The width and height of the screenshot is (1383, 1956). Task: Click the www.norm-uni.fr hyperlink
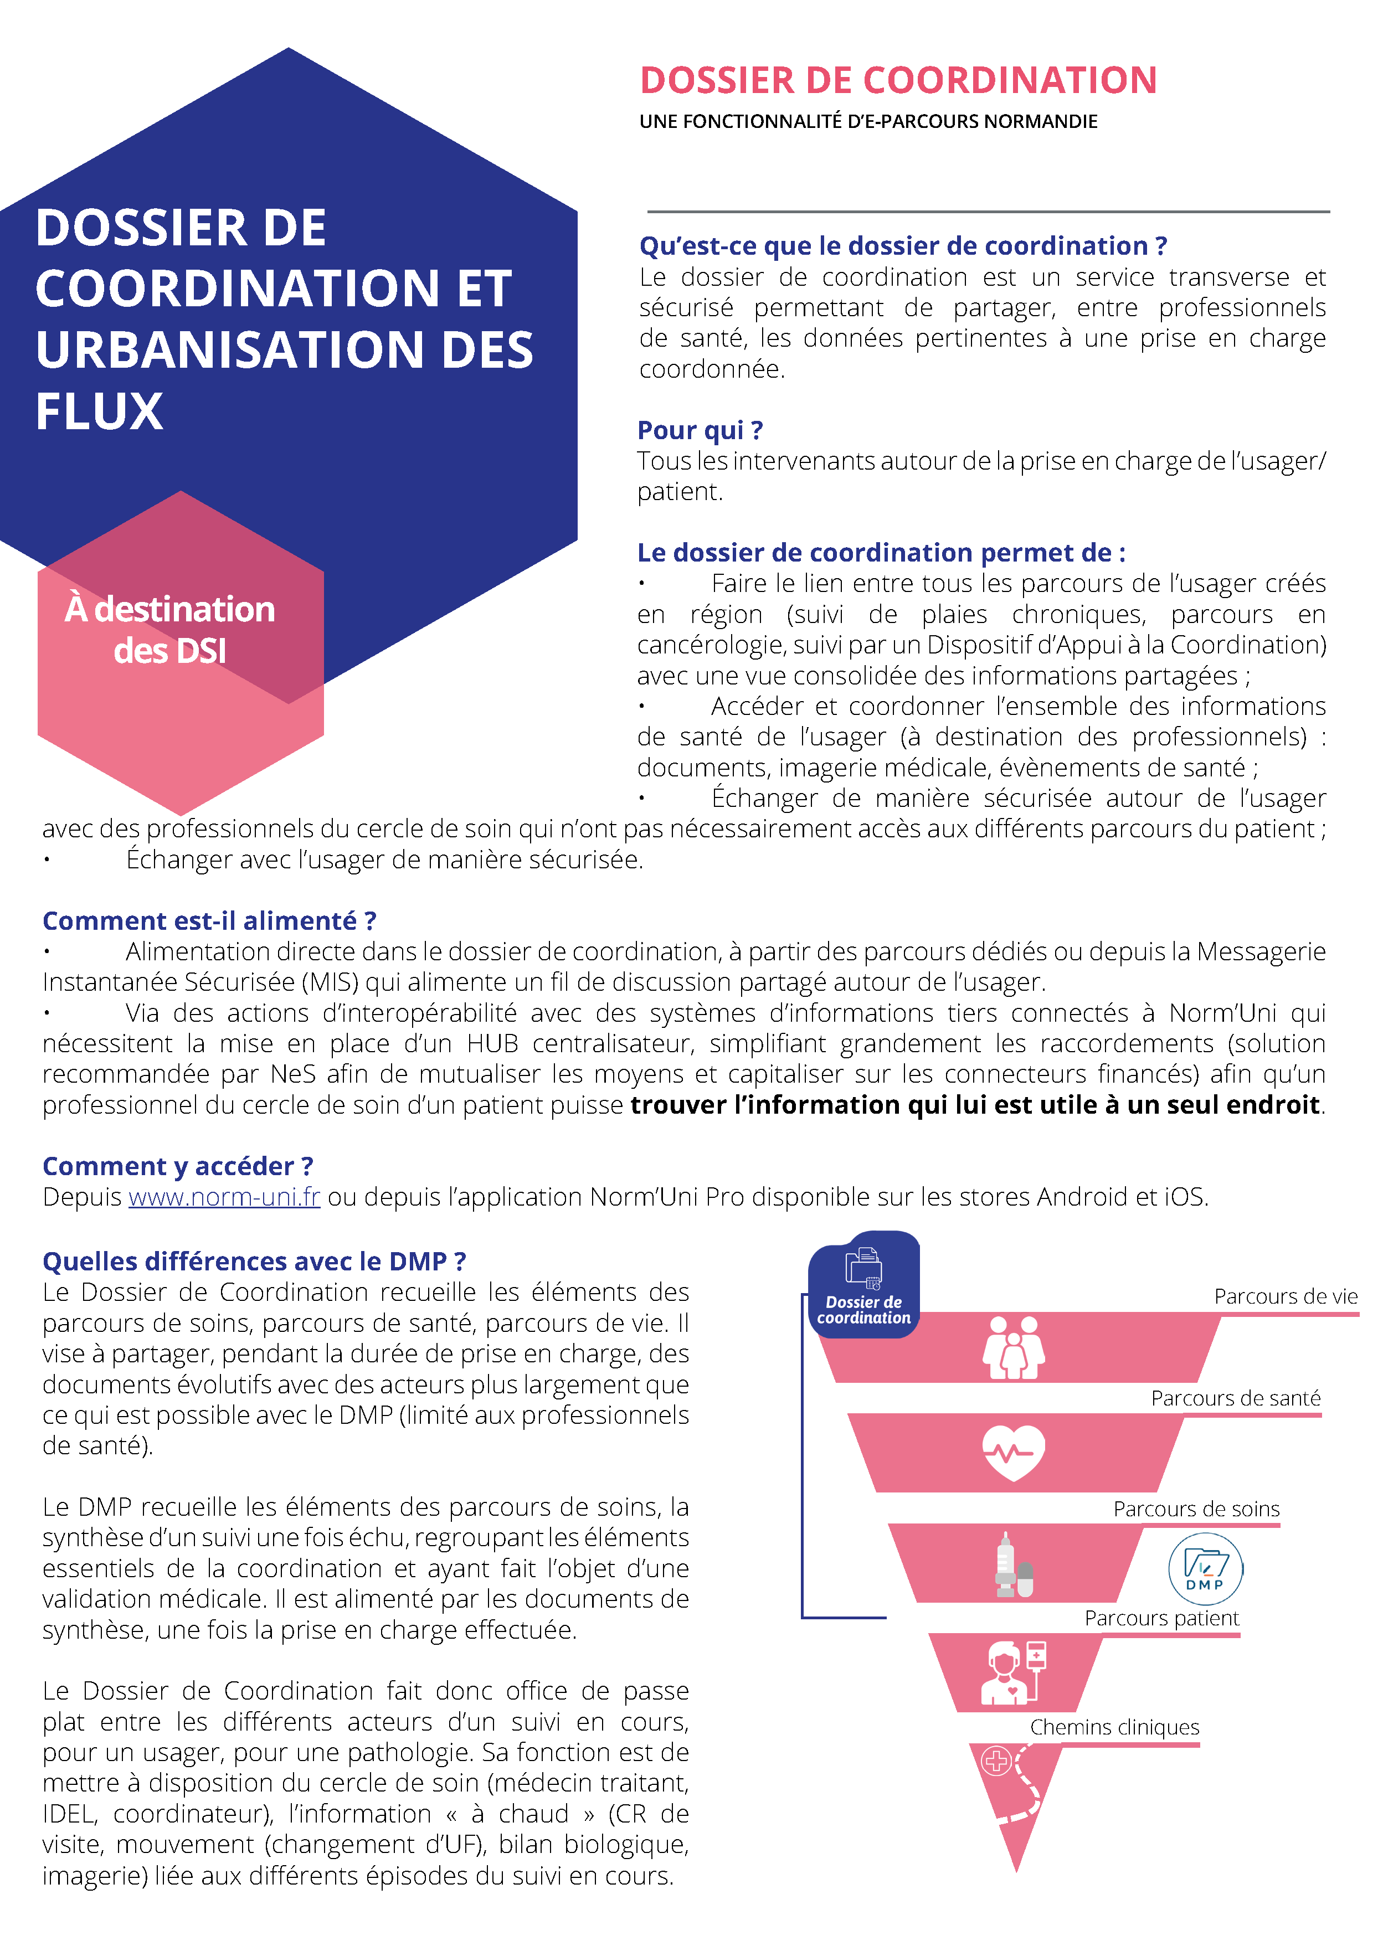(224, 1197)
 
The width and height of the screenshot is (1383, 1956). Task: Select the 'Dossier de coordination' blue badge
(863, 1285)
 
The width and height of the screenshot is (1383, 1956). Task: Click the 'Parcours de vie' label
(1285, 1296)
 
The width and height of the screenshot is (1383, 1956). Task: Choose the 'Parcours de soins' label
(1196, 1509)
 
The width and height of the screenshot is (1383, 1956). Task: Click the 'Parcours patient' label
(1161, 1618)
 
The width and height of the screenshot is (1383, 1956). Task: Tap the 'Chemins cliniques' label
(1114, 1727)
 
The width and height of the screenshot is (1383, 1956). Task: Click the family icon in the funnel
(1013, 1348)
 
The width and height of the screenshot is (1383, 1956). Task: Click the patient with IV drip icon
(1013, 1672)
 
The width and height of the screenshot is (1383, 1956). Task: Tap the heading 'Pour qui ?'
(700, 430)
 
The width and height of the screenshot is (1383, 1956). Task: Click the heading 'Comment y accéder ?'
(178, 1166)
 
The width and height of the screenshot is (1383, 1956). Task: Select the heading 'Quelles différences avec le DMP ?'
(254, 1262)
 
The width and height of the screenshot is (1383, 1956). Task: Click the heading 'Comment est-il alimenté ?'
(209, 921)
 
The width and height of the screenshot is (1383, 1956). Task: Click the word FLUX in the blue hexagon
(100, 411)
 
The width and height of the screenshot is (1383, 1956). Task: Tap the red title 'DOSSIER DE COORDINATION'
(898, 81)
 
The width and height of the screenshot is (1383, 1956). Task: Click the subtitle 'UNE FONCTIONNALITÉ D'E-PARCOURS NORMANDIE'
(868, 122)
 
